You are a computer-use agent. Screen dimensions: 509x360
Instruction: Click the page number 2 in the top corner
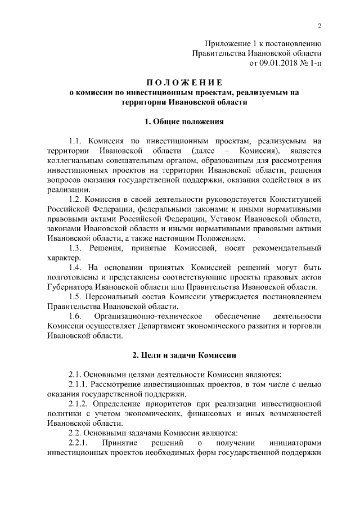point(318,26)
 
